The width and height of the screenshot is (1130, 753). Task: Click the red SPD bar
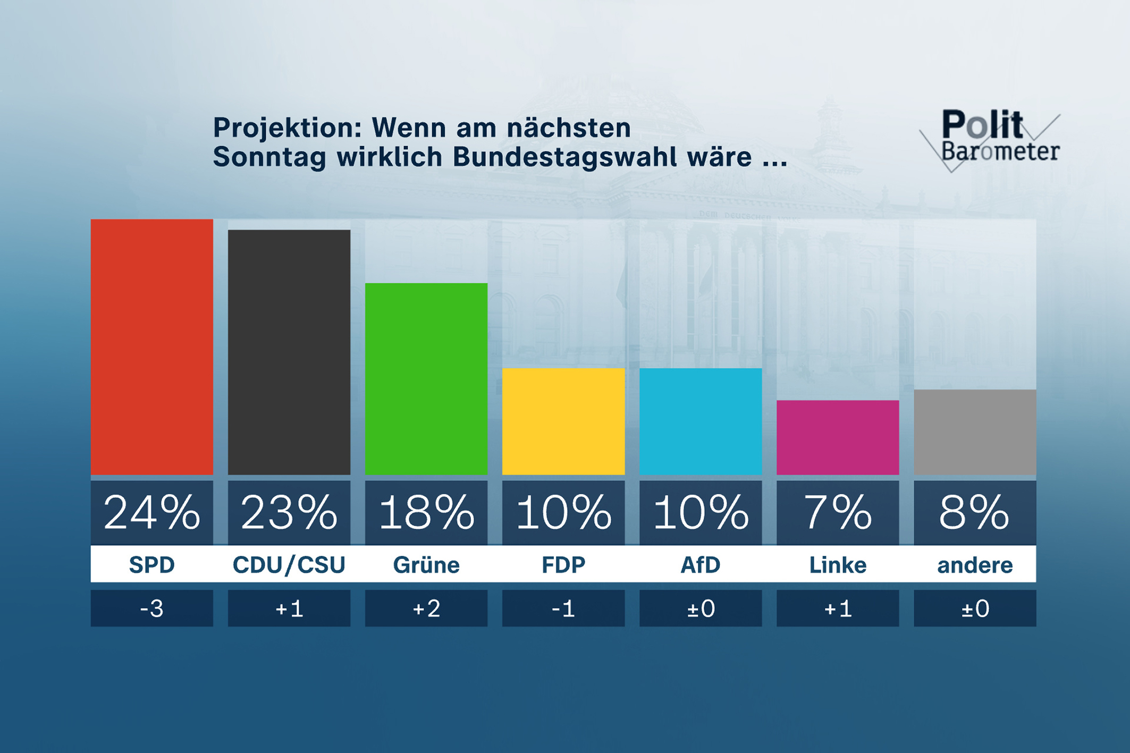[x=151, y=346]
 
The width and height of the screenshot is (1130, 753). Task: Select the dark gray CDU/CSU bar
[x=289, y=352]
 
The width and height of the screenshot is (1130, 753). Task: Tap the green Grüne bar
[x=426, y=378]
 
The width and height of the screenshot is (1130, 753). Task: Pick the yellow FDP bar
[x=563, y=421]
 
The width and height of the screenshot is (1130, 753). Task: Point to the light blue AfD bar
[x=700, y=421]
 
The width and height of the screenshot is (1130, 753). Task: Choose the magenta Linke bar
[x=837, y=437]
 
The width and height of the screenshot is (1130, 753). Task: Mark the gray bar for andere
[x=974, y=432]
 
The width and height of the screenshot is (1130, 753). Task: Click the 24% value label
[x=151, y=512]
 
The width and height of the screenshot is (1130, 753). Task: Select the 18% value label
[x=426, y=512]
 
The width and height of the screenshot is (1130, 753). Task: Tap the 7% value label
[x=837, y=512]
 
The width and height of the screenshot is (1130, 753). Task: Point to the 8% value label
[x=974, y=512]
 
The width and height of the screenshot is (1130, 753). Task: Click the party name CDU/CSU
[x=289, y=564]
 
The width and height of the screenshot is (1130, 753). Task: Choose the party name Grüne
[x=426, y=564]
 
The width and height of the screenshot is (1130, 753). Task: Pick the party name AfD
[x=700, y=564]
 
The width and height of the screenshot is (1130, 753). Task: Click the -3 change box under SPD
[x=151, y=608]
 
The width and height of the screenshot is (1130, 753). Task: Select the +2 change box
[x=426, y=608]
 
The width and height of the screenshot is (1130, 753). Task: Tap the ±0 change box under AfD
[x=700, y=608]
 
